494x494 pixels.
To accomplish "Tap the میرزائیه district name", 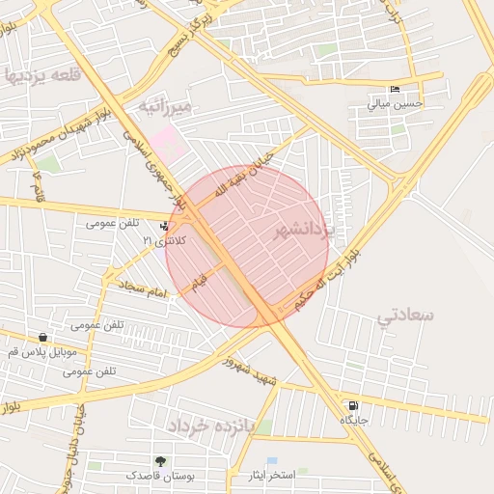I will pos(166,104).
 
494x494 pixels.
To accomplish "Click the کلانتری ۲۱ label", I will pos(162,239).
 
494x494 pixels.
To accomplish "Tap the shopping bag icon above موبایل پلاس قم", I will pos(42,338).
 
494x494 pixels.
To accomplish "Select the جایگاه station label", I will pos(354,421).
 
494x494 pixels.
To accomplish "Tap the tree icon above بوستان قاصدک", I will pos(159,461).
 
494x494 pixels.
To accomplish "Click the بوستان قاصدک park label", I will pos(159,477).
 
